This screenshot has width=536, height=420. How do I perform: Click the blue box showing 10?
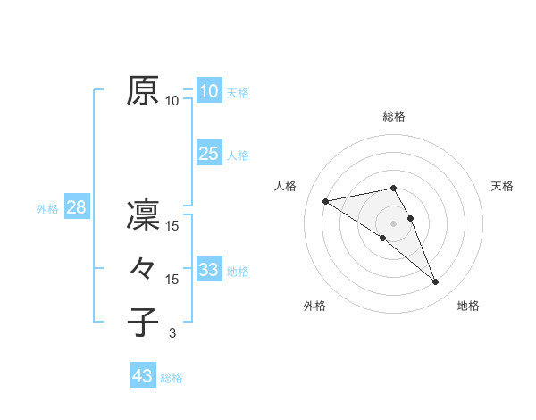[x=208, y=90]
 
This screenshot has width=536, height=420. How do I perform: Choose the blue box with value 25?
[x=208, y=153]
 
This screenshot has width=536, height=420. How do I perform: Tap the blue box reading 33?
[x=208, y=269]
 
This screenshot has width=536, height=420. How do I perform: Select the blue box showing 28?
[x=76, y=208]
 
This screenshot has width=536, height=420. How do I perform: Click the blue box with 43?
[x=142, y=376]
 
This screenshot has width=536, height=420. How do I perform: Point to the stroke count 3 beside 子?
[x=172, y=333]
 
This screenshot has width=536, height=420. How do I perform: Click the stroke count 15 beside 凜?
[x=172, y=227]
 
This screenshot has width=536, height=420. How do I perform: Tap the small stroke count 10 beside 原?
[x=172, y=101]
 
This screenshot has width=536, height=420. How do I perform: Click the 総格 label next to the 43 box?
[x=172, y=378]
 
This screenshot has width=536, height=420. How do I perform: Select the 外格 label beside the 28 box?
[x=47, y=209]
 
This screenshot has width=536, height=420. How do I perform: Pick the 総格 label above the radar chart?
[x=394, y=116]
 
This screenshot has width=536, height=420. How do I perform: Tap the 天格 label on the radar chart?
[x=502, y=186]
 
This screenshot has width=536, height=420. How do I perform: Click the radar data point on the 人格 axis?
[x=325, y=200]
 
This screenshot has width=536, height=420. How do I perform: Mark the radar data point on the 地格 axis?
[x=436, y=282]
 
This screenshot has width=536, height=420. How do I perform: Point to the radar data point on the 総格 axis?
[x=394, y=188]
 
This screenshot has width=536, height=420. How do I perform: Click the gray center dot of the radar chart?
[x=394, y=223]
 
